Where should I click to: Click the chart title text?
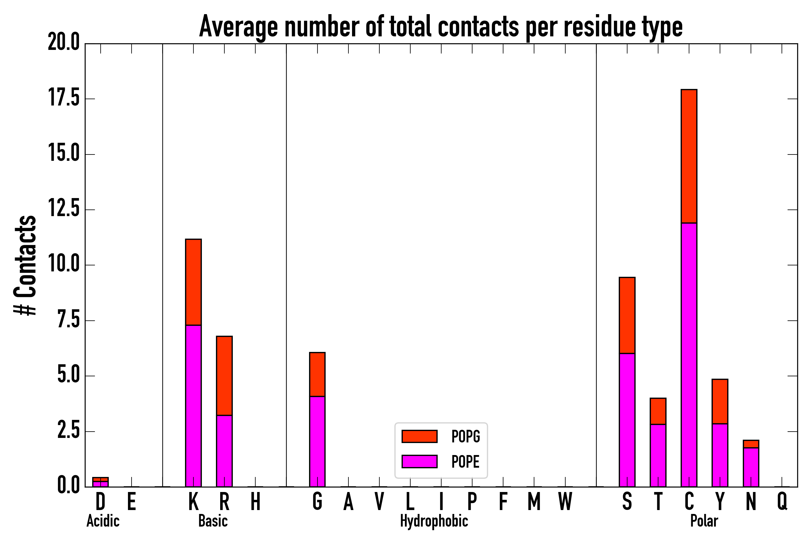click(441, 27)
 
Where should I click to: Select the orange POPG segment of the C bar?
click(689, 156)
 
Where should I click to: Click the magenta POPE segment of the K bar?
click(193, 406)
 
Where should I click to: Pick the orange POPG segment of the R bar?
click(224, 375)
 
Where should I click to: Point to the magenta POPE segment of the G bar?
click(317, 442)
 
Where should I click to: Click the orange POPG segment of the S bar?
click(627, 315)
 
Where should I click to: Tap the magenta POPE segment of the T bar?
click(658, 455)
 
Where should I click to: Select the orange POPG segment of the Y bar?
click(720, 401)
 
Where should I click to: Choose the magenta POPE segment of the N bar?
click(751, 467)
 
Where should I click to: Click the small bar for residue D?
click(100, 482)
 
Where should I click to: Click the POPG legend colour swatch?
click(419, 436)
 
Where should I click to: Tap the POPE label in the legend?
click(466, 462)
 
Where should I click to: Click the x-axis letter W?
click(565, 502)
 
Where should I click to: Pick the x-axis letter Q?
click(782, 502)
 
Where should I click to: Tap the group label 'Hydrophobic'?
click(434, 521)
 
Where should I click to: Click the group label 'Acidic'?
click(103, 521)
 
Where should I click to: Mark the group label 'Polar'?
click(704, 521)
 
